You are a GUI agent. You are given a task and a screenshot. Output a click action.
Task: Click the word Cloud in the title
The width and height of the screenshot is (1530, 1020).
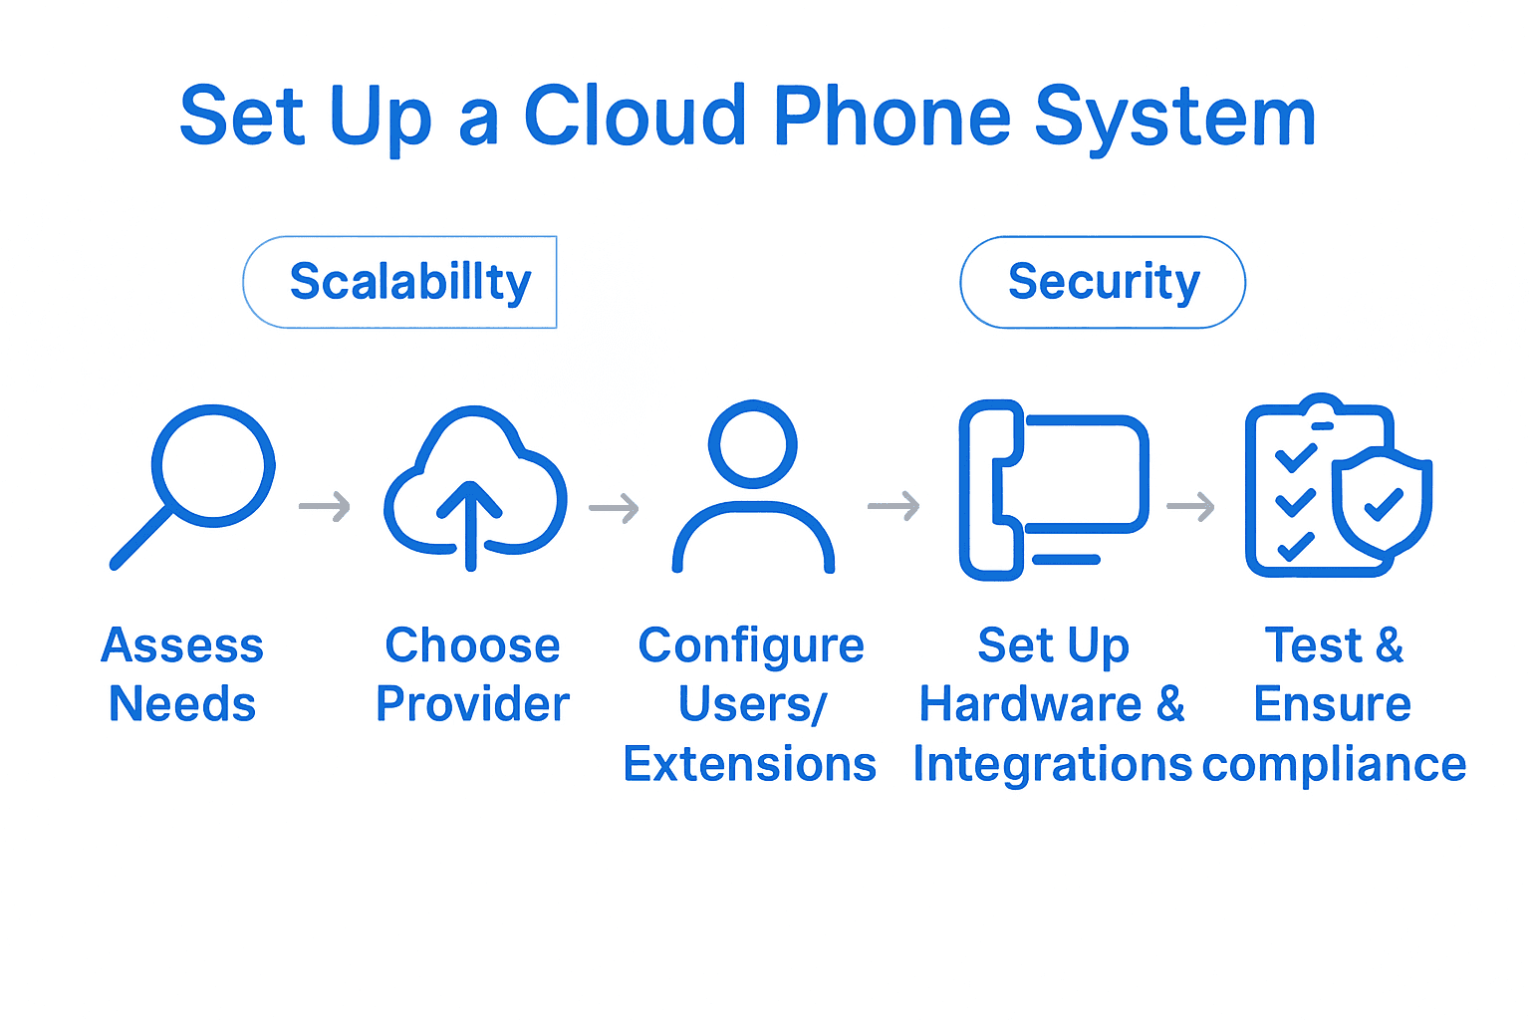pos(636,117)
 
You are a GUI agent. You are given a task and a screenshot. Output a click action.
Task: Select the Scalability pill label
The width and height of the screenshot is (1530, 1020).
pos(409,282)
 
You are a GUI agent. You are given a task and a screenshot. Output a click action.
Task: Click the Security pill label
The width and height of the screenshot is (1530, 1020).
pos(1103,282)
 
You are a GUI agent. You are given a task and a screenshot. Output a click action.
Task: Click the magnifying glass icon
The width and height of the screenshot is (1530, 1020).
pos(193,483)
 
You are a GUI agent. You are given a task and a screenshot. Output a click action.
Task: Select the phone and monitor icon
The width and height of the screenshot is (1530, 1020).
pos(1053,489)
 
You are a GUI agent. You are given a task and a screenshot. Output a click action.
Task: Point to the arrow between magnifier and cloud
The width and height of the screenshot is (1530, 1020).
pos(325,507)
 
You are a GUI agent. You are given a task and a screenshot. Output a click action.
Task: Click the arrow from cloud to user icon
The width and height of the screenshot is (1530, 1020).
pos(614,508)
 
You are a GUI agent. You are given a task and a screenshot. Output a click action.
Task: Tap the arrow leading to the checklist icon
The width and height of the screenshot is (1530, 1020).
pos(1190,507)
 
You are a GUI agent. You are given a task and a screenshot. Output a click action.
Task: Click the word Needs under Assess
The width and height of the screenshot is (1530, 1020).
pos(182,704)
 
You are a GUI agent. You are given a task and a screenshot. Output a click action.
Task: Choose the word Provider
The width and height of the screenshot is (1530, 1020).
pos(472,704)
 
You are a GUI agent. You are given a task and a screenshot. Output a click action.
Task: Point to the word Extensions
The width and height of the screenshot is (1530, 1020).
pos(749,764)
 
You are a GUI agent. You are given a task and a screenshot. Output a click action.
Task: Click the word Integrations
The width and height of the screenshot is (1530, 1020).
pos(1052,764)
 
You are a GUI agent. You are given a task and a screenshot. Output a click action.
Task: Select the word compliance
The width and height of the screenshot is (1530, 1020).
pos(1335,765)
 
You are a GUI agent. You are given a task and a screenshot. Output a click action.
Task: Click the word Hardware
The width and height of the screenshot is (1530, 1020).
pos(1030,704)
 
